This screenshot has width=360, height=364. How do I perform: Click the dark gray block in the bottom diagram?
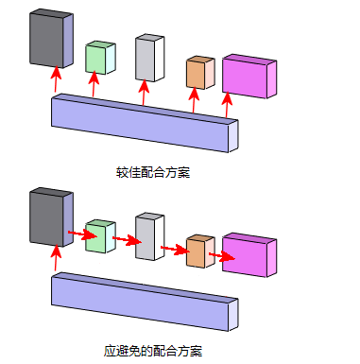48,217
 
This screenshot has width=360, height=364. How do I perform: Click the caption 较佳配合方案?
147,172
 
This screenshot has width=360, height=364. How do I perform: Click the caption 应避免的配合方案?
152,351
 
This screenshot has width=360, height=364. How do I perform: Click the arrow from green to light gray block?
124,240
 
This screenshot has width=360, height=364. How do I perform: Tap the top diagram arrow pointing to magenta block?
227,106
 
